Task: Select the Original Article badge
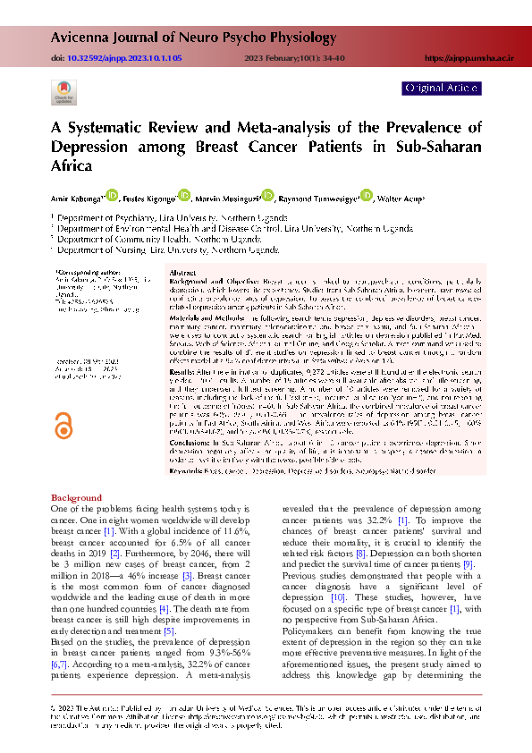(x=442, y=89)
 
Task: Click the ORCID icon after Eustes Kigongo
(x=184, y=194)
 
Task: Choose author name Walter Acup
(x=405, y=198)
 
